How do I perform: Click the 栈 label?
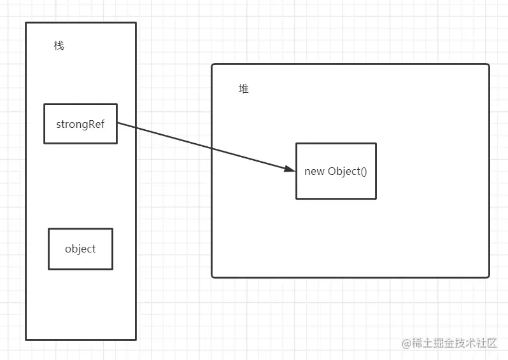pos(59,46)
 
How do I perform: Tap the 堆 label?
pos(243,88)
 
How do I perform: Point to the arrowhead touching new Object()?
pos(290,169)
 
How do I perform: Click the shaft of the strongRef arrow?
pos(206,146)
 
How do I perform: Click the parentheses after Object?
pos(363,171)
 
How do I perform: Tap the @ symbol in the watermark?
pos(406,343)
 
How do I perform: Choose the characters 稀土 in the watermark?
pos(423,343)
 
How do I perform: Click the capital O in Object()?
pos(332,171)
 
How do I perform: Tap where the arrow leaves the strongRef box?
pos(117,122)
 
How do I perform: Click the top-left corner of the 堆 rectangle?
pos(211,64)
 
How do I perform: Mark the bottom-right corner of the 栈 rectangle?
pos(136,340)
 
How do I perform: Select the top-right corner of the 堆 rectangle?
pos(489,64)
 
